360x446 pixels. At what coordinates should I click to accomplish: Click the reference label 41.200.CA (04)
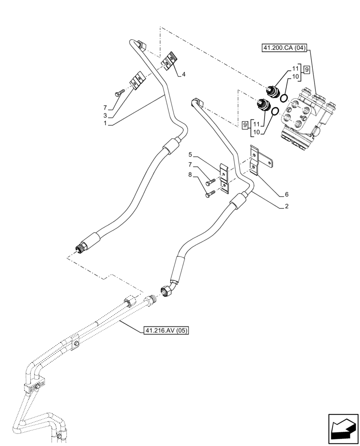284,48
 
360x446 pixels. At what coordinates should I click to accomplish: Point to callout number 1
105,124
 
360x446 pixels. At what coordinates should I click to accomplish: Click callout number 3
105,116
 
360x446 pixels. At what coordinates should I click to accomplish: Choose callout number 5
190,155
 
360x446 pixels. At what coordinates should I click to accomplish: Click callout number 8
190,175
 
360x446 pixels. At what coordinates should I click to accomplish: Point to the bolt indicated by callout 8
210,193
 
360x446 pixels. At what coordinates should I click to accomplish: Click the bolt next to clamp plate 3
119,92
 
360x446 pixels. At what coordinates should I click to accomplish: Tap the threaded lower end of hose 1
82,246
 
